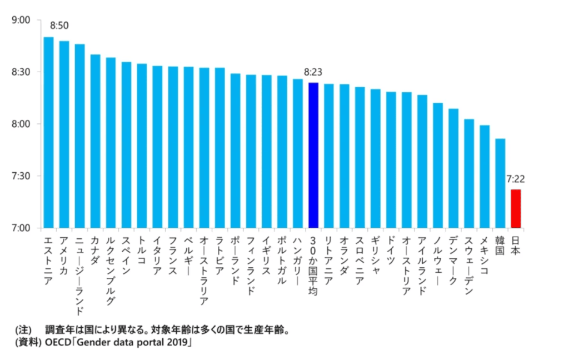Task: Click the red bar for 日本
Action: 516,208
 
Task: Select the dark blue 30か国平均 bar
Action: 313,155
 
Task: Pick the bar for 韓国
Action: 500,183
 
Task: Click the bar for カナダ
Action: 95,141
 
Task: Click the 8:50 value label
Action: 59,26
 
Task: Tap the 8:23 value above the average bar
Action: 313,72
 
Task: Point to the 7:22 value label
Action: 516,179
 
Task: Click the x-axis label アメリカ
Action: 64,256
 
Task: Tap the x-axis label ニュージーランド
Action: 79,268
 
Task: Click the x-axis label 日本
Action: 516,246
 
